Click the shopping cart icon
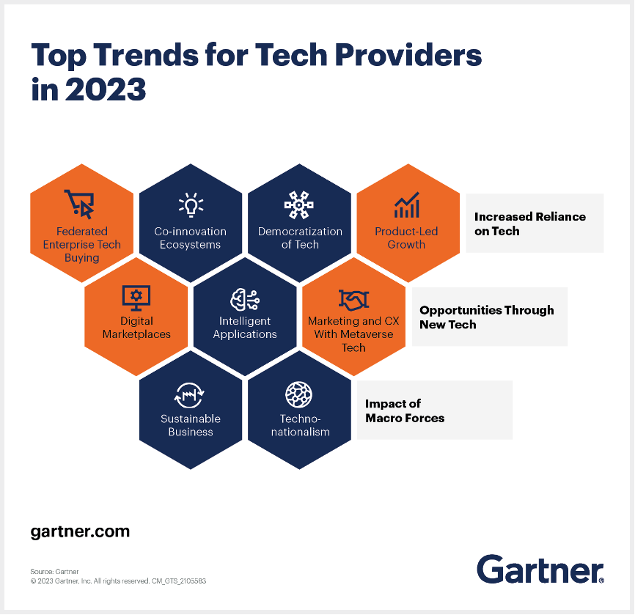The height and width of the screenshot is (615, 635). coord(80,204)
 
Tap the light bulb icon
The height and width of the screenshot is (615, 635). coord(191,205)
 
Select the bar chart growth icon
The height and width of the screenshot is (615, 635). coord(407,205)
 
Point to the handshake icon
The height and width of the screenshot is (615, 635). coord(353,300)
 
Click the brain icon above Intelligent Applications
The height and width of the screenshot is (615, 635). coord(245,300)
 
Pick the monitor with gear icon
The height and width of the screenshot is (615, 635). coord(136,298)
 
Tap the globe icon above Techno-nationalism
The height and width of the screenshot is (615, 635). coord(299,394)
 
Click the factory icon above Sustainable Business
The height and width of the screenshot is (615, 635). coord(189,395)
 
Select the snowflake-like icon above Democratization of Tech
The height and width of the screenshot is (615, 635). coord(299,205)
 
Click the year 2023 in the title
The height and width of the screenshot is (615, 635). coord(106,89)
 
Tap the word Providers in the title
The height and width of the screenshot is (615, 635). coord(408,55)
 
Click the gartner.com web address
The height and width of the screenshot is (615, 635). coord(80,531)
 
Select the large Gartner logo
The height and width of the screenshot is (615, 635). coord(540,569)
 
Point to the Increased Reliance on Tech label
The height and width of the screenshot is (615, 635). coord(530,224)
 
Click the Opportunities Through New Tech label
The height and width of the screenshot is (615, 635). coord(487,317)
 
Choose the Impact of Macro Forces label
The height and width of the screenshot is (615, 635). coord(405,411)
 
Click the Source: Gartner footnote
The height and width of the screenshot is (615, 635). coord(55,572)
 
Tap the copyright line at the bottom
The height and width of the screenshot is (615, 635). coord(118,581)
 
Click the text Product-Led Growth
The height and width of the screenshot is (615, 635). coord(407,238)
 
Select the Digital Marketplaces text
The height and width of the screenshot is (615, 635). coord(136,328)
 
